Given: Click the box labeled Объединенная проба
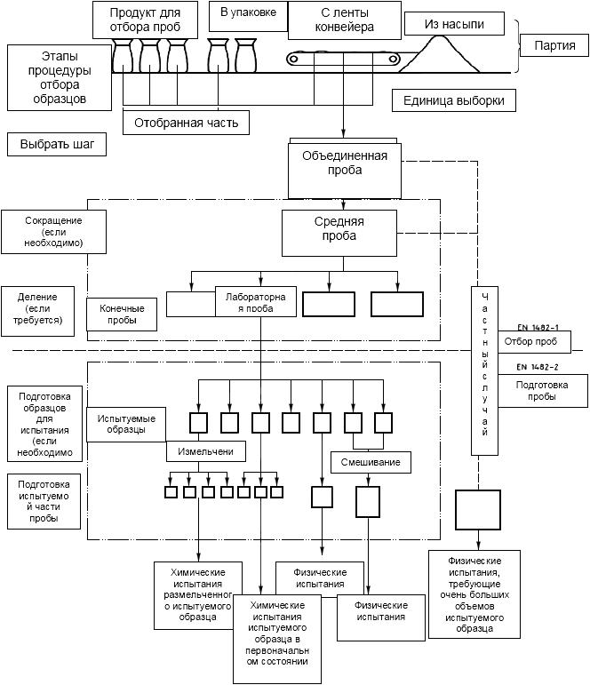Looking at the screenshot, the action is (x=345, y=171).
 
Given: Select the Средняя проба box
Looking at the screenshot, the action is (x=339, y=233).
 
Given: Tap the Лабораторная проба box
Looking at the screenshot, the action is (x=256, y=301).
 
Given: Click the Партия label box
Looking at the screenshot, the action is (x=554, y=45).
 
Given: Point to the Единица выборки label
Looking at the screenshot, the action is (x=454, y=100).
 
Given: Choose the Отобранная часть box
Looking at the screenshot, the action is (x=187, y=123).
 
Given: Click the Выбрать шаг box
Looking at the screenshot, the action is (x=57, y=144).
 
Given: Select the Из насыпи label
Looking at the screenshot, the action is (x=454, y=24).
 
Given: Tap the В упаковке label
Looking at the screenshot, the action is (x=248, y=16).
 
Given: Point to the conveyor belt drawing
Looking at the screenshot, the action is (x=344, y=58).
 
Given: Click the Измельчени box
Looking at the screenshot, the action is (x=206, y=451).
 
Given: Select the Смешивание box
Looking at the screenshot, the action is (x=371, y=462).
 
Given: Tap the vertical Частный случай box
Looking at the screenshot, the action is (x=484, y=370).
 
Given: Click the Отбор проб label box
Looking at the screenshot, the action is (x=530, y=341).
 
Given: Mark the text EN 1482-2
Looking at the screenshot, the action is (x=538, y=367).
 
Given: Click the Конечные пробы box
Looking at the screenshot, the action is (x=122, y=315).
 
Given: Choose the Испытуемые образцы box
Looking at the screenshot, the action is (x=126, y=424).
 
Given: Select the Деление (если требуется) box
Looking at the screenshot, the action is (x=37, y=311).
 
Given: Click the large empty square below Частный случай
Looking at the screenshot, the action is (x=478, y=509).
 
